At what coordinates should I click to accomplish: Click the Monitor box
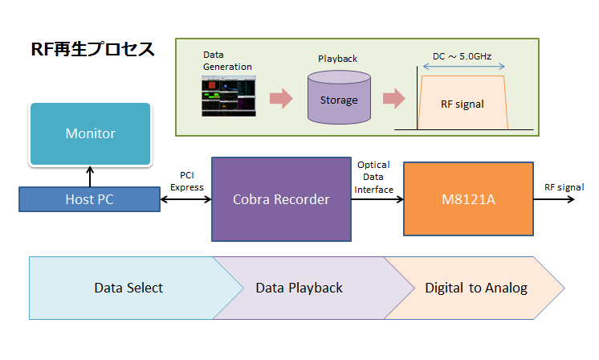tap(90, 133)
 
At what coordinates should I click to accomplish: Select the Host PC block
tap(90, 199)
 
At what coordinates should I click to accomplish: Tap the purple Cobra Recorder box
tap(281, 199)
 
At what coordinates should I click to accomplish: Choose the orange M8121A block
tap(468, 199)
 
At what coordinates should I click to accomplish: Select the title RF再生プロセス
tap(92, 50)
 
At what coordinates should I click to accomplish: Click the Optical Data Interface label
tap(374, 177)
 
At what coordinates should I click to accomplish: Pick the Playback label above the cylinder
tap(337, 59)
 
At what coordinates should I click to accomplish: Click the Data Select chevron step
tap(128, 288)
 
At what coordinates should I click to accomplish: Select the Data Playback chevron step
tap(299, 288)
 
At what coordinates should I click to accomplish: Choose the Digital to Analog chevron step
tap(476, 288)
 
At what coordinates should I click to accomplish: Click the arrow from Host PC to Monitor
tap(90, 176)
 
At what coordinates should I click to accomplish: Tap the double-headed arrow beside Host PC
tap(185, 199)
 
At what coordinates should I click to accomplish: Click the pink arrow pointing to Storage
tap(281, 99)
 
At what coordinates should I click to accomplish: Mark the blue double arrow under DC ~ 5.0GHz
tap(462, 69)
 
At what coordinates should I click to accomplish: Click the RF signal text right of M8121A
tap(564, 187)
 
